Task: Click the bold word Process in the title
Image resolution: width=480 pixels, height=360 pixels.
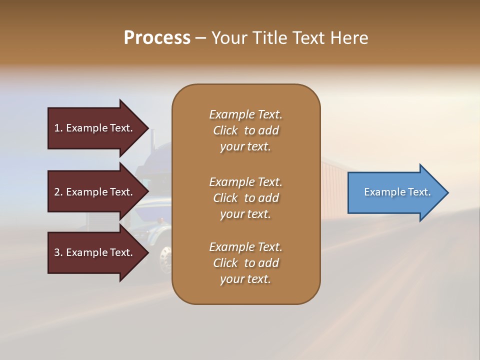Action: (x=157, y=38)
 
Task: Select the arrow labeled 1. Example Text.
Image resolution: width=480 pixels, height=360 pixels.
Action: (x=95, y=128)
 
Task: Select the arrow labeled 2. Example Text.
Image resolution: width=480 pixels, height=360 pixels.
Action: (x=95, y=192)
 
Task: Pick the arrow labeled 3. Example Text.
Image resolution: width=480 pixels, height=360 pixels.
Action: (x=95, y=252)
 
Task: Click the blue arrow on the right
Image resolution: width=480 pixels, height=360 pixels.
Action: (x=395, y=192)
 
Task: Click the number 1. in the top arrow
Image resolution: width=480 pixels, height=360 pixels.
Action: (x=58, y=128)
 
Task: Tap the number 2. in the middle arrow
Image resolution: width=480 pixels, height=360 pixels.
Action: (x=58, y=192)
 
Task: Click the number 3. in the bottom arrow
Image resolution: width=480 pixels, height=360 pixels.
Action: (x=58, y=252)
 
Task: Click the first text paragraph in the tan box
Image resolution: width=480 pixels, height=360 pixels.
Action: (x=245, y=130)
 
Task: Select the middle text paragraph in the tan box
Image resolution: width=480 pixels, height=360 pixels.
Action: (x=245, y=198)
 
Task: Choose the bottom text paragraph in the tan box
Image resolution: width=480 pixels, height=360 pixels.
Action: (x=245, y=263)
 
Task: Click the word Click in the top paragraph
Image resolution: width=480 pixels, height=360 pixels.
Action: (x=225, y=130)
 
